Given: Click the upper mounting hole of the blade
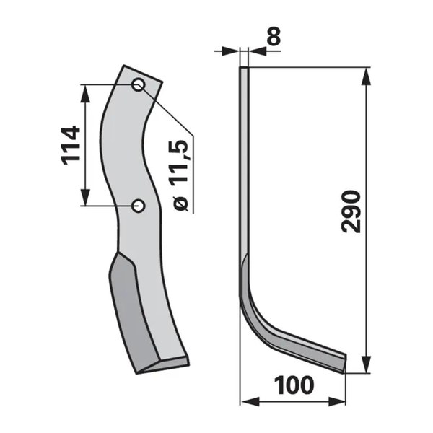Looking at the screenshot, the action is pos(139,84).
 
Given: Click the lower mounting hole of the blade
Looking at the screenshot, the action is pos(138,206).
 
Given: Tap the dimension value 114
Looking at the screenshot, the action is pos(71,146).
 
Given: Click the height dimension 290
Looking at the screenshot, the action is pos(351,211).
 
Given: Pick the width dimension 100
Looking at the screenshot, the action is pos(294,385).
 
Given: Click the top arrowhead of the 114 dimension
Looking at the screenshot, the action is pos(86,93).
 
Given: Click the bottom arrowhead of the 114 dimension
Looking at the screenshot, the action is pos(86,197).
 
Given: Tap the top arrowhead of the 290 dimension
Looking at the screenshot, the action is pos(366,76).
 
